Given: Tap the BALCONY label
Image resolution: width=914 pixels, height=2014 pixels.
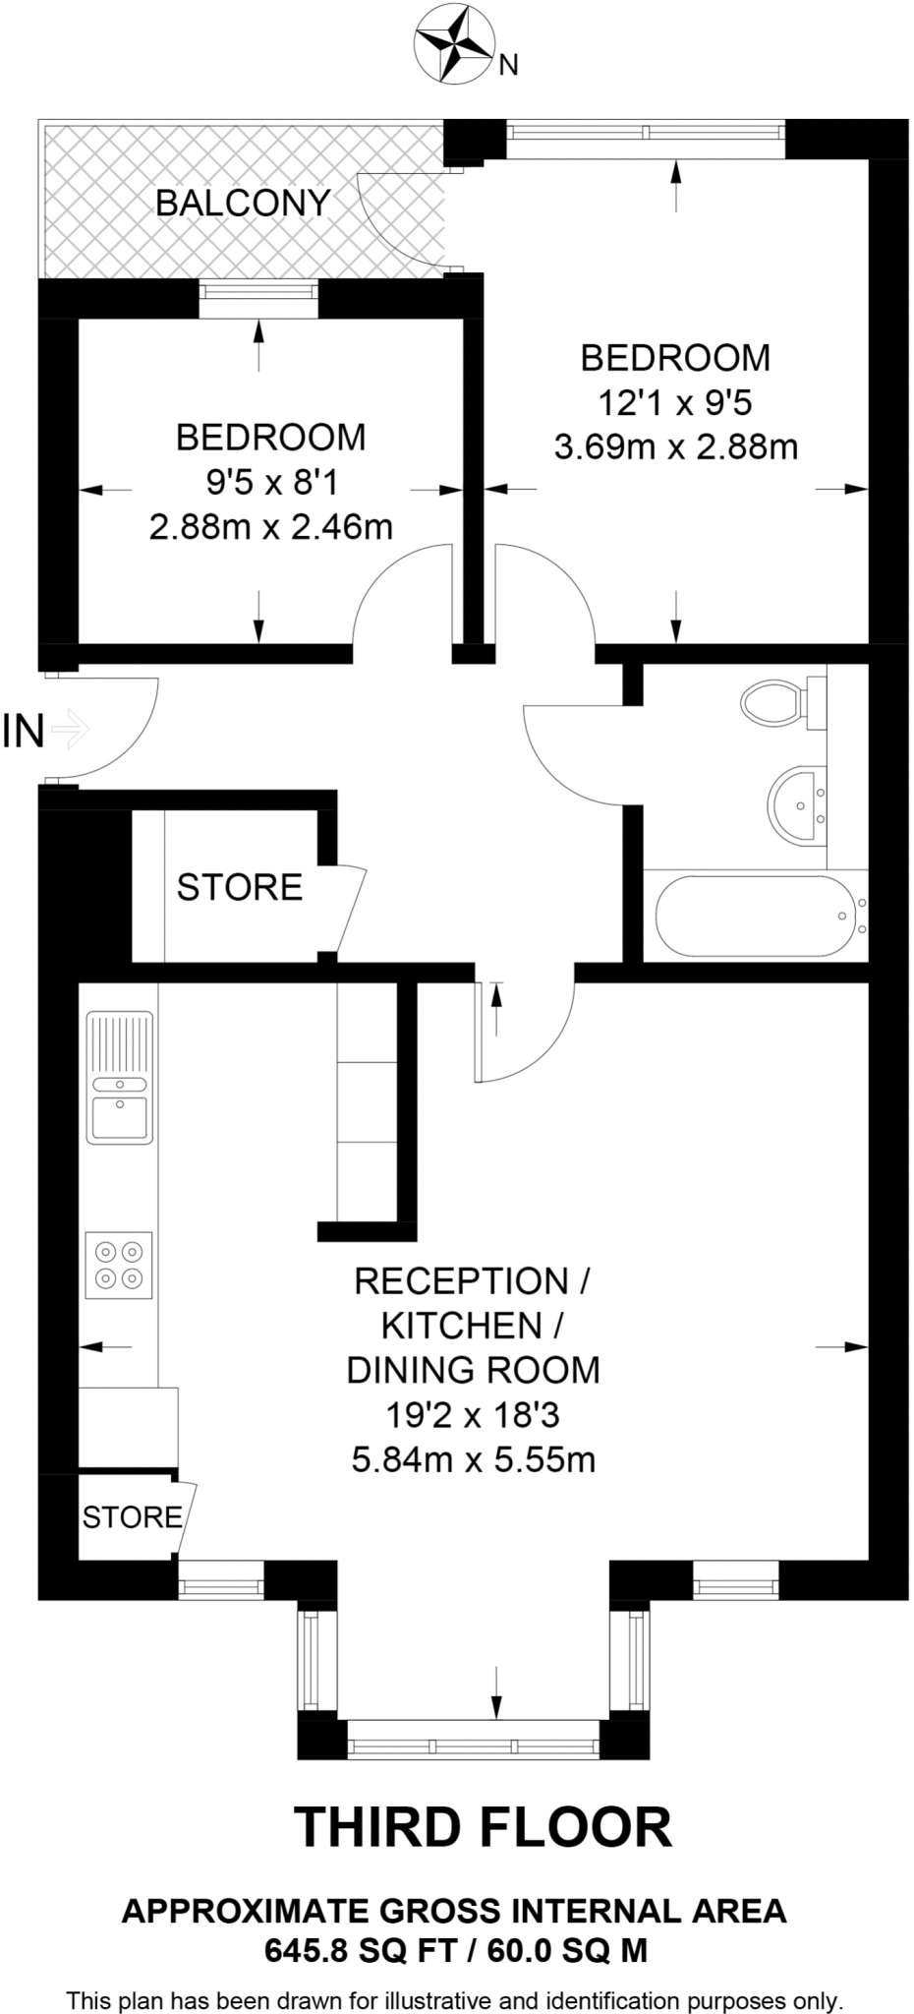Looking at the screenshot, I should pos(243,204).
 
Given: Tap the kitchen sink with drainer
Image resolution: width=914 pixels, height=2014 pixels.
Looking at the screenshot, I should pos(120,1078).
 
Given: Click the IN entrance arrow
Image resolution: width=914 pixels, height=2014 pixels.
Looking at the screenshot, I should pos(70,730).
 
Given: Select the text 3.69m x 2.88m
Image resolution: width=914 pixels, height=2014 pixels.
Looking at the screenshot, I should pos(676,448).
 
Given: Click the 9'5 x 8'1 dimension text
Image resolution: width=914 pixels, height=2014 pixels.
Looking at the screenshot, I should pos(271,482).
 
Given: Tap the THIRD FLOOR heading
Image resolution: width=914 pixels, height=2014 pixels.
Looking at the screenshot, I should pos(483,1827).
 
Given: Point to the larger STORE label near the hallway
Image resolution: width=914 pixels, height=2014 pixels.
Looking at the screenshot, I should pos(239,887).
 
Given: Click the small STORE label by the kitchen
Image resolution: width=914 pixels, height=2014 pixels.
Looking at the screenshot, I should pos(131,1516).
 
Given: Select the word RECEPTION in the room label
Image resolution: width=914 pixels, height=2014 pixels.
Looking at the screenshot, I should pos(461,1281).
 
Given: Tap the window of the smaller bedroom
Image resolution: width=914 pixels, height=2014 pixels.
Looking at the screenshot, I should pos(258,299).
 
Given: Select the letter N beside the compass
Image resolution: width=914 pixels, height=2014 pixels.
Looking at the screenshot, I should pos(508,67).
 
